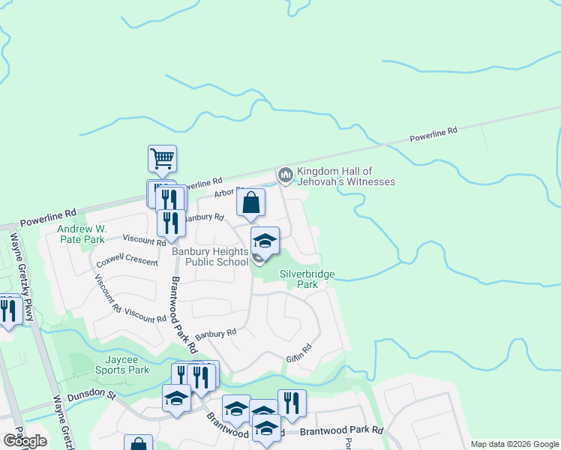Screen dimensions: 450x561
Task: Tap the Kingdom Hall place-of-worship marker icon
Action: point(285,175)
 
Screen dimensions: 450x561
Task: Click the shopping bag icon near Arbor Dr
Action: point(250,202)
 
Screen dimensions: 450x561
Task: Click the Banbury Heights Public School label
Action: point(211,256)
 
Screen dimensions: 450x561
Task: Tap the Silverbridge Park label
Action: point(307,279)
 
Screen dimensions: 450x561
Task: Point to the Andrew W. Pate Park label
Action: point(82,234)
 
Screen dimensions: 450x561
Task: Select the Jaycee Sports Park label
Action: point(122,364)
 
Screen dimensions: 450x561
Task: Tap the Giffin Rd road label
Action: point(298,352)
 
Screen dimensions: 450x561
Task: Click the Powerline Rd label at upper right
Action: point(433,135)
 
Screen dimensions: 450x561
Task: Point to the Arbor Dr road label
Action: point(228,193)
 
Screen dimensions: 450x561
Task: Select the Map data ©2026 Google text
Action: point(514,444)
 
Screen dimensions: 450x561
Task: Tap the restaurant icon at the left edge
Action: point(8,311)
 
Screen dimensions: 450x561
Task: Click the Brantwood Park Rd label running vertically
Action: point(183,315)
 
